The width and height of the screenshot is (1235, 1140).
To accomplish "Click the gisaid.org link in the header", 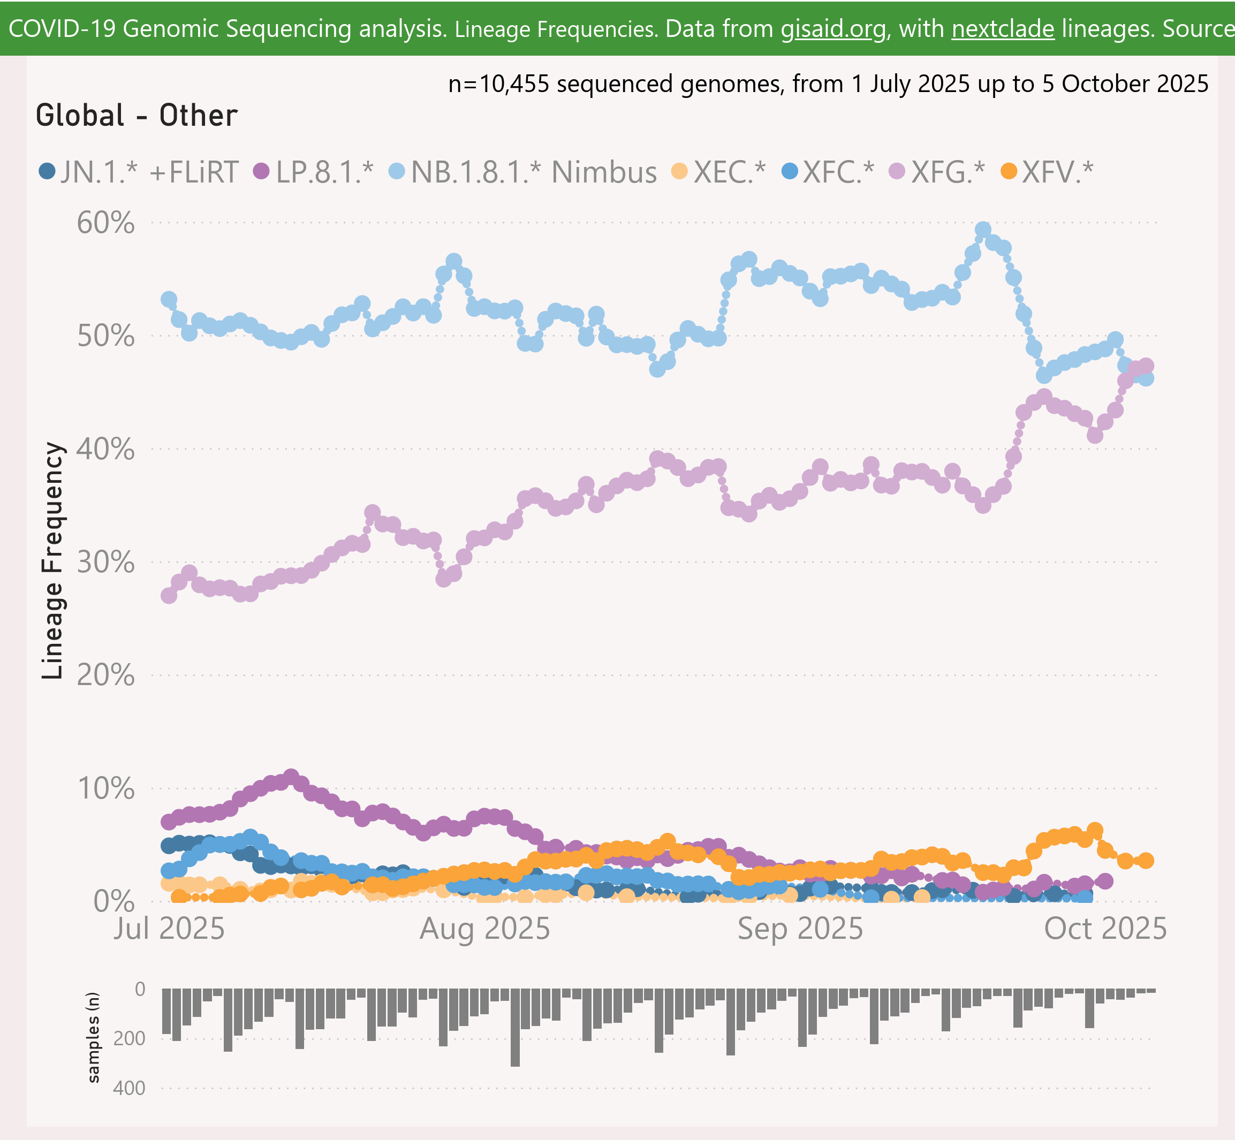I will (833, 29).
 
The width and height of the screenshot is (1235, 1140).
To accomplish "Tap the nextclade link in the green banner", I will (1003, 29).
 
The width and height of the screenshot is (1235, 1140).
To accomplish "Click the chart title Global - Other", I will (137, 116).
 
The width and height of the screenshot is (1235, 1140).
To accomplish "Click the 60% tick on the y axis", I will (105, 223).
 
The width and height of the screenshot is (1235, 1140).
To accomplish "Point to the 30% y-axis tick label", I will (105, 562).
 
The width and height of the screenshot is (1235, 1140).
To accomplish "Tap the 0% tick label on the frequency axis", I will (114, 901).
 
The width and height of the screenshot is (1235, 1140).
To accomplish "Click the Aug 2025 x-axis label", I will (485, 929).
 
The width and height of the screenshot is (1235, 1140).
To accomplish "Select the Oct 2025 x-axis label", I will (1105, 929).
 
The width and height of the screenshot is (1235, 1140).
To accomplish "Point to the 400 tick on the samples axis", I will (129, 1088).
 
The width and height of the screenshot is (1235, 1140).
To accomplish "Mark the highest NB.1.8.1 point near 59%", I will (983, 231).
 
